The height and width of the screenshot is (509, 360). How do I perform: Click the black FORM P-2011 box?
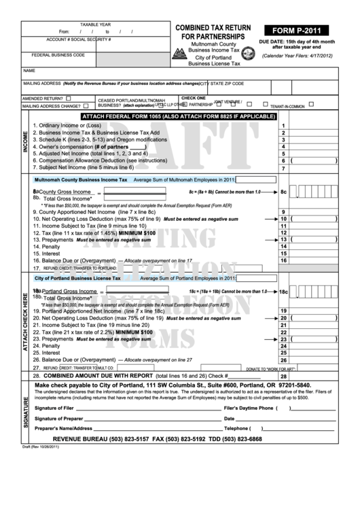tap(297, 30)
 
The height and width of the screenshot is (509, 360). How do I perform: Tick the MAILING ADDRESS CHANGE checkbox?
tap(88, 106)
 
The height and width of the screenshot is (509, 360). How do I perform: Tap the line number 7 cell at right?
tap(282, 168)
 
